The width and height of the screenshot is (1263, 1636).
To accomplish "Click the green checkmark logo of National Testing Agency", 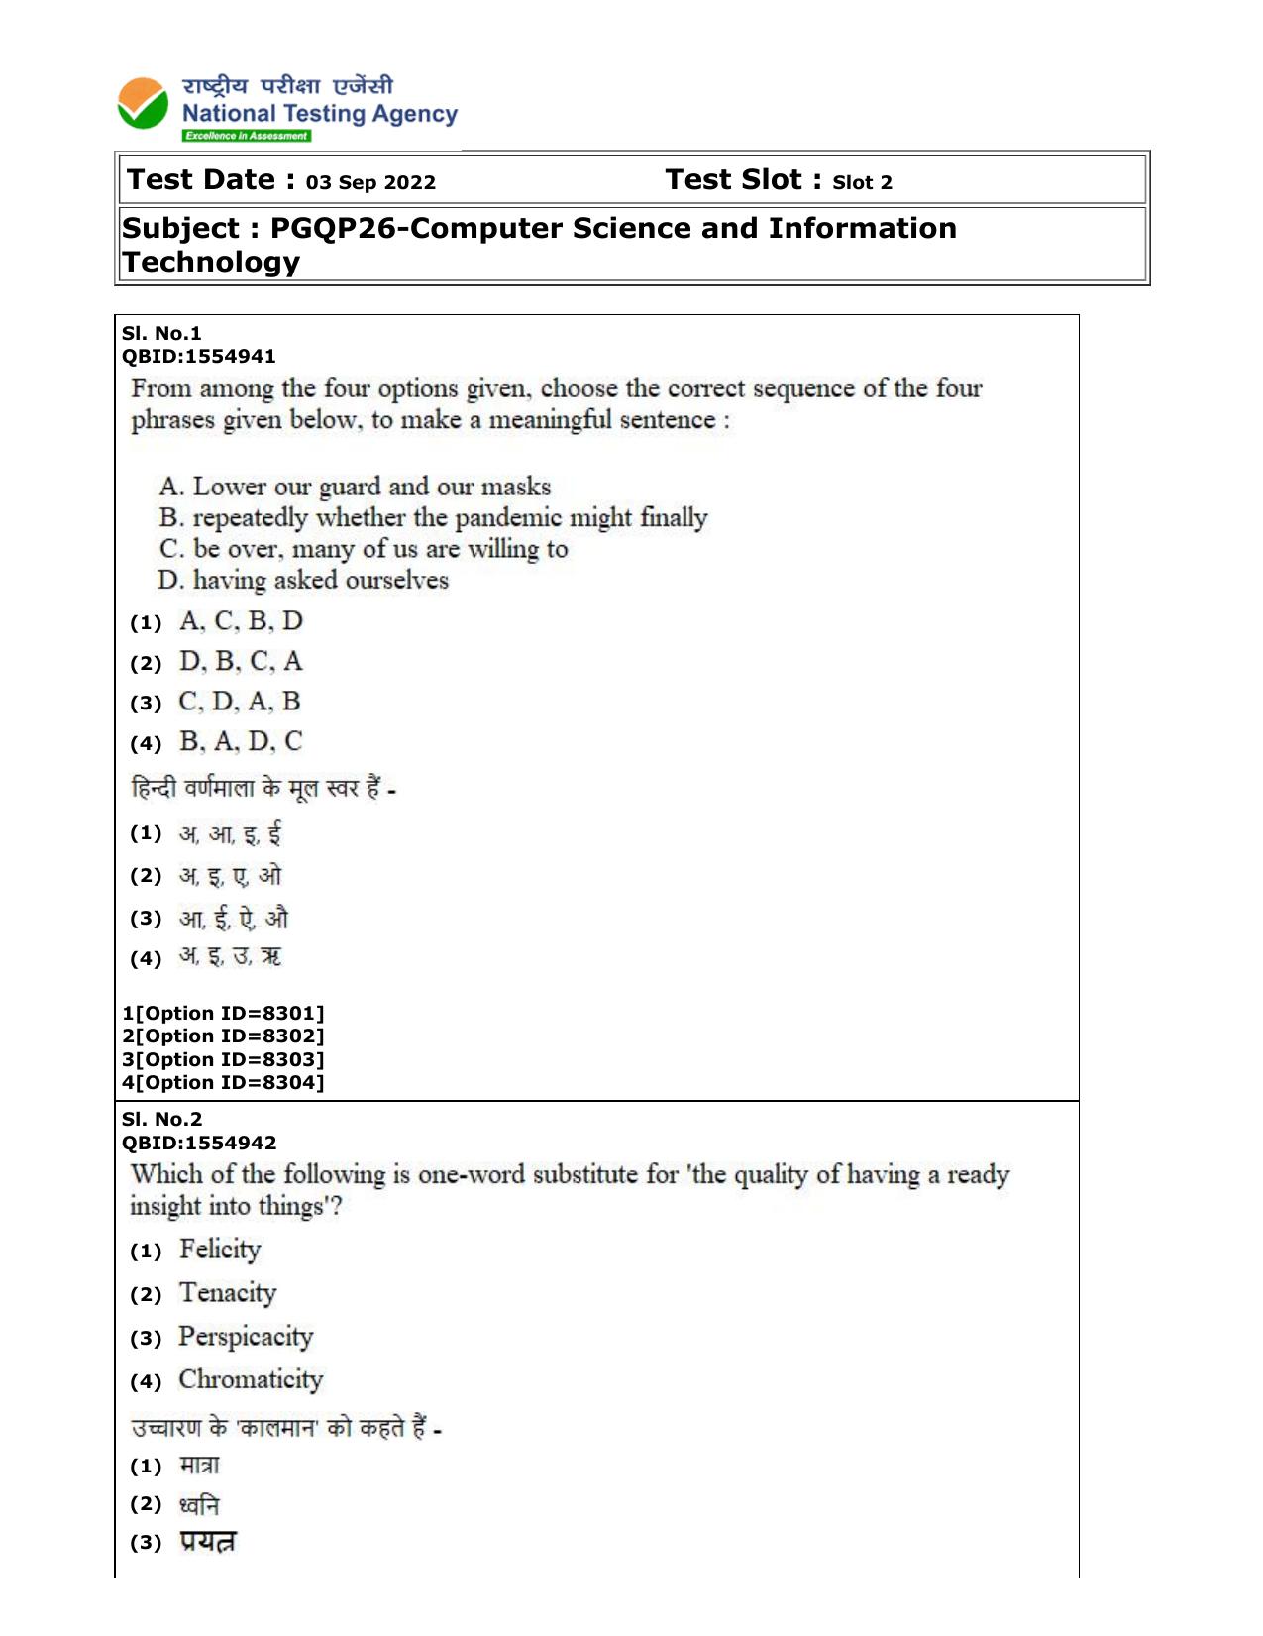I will coord(144,104).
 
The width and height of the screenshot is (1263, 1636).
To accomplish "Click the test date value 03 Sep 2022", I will coord(370,183).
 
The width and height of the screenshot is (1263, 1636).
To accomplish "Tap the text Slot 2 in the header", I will coord(862,183).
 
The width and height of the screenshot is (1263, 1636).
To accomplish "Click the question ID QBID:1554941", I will coord(198,357).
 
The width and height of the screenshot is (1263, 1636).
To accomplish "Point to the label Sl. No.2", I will coord(161,1120).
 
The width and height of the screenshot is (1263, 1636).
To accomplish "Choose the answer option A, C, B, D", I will coord(241,622).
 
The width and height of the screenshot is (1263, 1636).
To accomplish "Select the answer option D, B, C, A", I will coord(241,662).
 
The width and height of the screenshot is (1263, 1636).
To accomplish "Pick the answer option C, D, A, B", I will coord(240,703).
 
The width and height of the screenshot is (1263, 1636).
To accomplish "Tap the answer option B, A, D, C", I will coord(241,742).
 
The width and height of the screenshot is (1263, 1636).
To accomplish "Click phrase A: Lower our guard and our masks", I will coord(355,488).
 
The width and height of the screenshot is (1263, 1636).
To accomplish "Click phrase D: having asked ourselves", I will coord(303,581).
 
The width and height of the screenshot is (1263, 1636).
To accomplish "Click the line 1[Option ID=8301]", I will coord(223,1014).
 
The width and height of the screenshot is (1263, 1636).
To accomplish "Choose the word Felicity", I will coord(220,1251).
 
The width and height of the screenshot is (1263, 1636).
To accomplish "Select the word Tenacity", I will coord(228,1294).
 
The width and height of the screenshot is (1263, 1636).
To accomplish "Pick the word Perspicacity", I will coord(246,1338).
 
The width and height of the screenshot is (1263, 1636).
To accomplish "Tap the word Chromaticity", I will coord(251,1381).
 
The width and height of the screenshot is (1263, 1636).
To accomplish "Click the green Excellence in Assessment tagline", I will coord(246,137).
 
